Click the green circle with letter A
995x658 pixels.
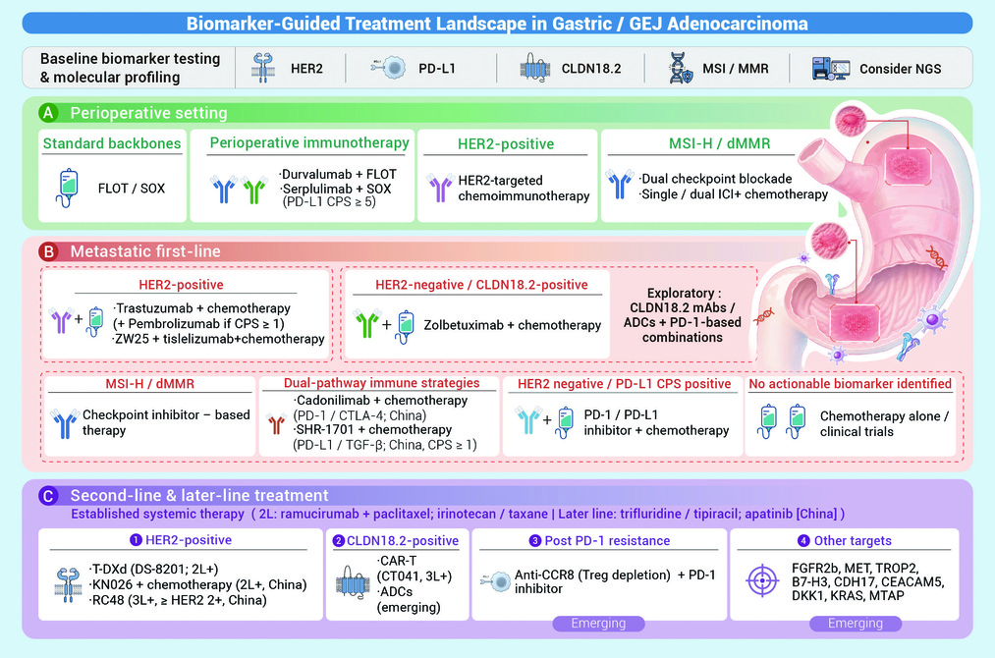48,113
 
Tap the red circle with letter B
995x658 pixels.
48,251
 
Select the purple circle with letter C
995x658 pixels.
48,496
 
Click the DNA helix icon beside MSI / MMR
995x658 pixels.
681,69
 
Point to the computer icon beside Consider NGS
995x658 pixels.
831,69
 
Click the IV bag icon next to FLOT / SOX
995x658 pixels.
68,189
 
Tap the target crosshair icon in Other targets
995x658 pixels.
762,580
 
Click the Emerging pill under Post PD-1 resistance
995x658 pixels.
598,623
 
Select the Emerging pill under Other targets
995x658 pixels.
856,623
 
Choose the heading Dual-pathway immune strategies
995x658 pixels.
381,383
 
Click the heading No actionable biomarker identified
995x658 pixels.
851,383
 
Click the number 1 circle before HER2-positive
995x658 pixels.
136,540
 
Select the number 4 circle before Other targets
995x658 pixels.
803,540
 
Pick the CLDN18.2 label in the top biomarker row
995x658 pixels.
591,69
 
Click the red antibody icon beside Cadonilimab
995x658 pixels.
277,423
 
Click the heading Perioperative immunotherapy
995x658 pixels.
309,143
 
